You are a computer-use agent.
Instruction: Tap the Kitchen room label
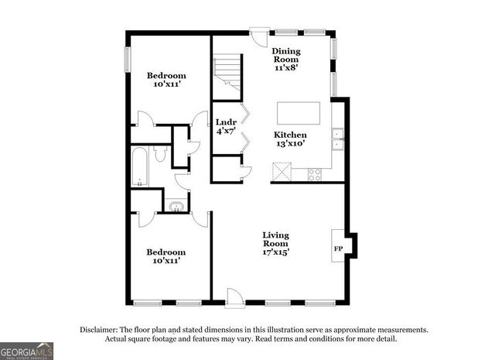[290, 135]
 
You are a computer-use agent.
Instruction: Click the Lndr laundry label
[226, 122]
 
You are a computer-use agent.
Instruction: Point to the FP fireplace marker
[337, 249]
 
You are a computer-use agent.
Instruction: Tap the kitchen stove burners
[316, 174]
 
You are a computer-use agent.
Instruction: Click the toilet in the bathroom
[161, 153]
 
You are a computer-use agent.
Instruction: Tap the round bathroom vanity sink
[176, 207]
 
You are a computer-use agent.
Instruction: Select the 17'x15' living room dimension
[275, 252]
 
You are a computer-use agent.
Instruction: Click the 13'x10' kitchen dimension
[290, 143]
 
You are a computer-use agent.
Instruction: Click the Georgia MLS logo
[27, 351]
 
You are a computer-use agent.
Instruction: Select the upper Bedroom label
[166, 76]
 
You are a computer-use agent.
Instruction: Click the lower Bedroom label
[166, 252]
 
